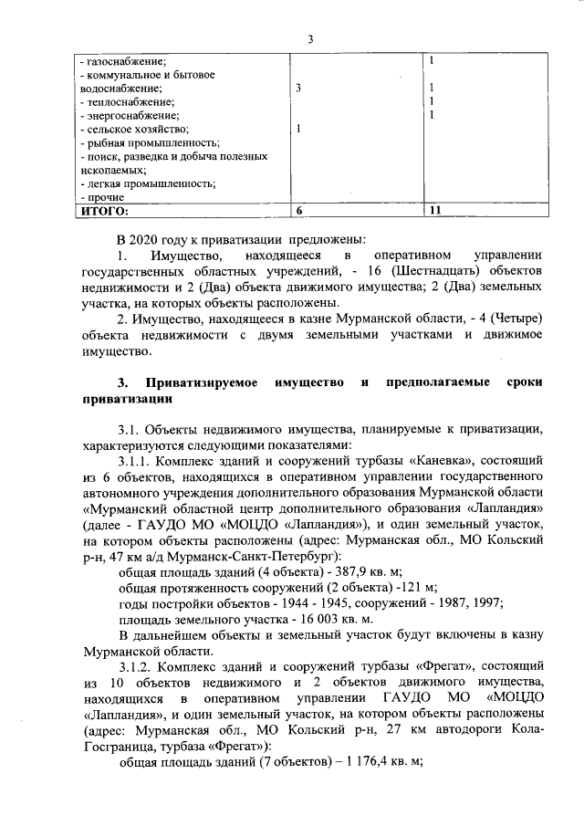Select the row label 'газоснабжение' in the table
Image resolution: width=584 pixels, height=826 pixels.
(x=119, y=60)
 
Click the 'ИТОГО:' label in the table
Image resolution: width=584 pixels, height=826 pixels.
(x=102, y=211)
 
